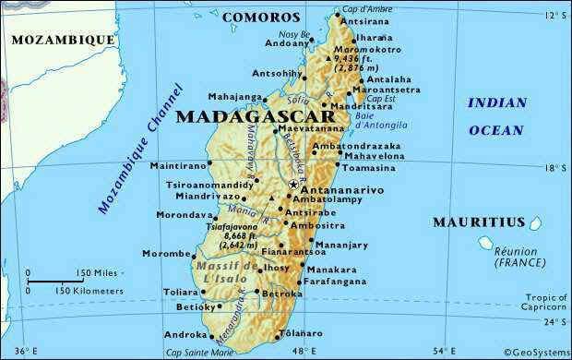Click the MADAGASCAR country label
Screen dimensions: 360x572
pos(241,116)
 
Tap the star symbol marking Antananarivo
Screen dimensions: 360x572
pos(293,185)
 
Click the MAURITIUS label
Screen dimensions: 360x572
pos(479,222)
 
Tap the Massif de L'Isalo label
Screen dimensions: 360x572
pos(224,272)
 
